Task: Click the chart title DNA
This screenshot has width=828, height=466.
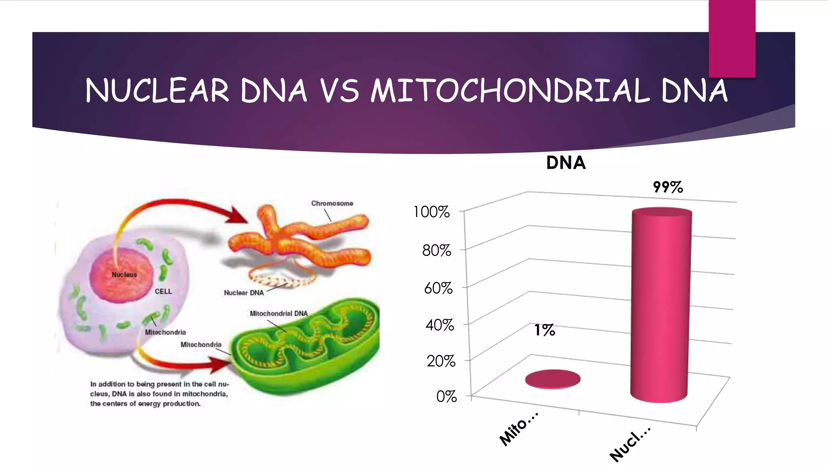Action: point(566,163)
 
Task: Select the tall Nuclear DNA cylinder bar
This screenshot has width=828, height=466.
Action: point(661,307)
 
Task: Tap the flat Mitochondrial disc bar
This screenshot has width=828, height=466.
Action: point(553,379)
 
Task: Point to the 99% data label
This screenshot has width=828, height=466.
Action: point(667,187)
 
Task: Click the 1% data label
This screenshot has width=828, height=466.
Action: point(545,330)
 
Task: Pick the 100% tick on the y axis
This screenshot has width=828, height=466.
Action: point(431,212)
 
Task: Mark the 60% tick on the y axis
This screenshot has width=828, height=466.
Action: point(438,288)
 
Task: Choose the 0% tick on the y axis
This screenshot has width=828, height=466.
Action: point(446,396)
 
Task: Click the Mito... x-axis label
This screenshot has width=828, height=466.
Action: point(518,429)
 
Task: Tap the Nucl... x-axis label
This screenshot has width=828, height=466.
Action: point(630,444)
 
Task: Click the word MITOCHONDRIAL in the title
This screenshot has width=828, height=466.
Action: point(510,91)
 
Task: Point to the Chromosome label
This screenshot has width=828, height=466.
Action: point(332,203)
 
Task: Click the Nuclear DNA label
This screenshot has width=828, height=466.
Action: point(244,292)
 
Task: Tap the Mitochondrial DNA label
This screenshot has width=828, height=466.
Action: point(279,313)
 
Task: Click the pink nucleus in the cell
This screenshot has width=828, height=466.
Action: point(121,275)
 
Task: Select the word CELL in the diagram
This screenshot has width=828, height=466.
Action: point(163,291)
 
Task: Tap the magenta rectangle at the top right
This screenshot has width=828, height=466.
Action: point(732,38)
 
